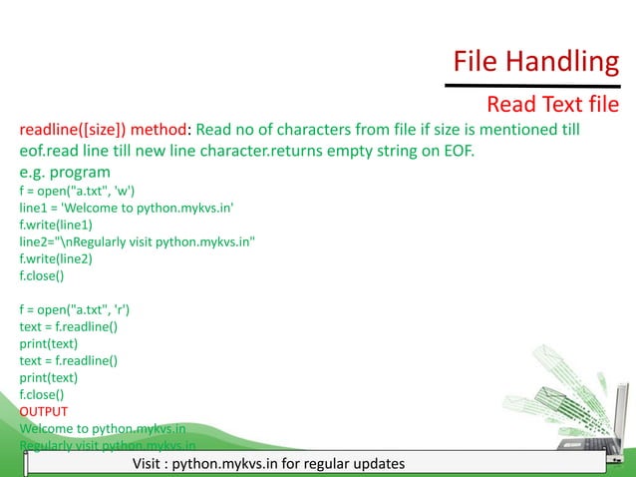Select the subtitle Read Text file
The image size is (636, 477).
551,105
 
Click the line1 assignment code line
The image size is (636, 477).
126,210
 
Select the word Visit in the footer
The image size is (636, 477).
148,465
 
